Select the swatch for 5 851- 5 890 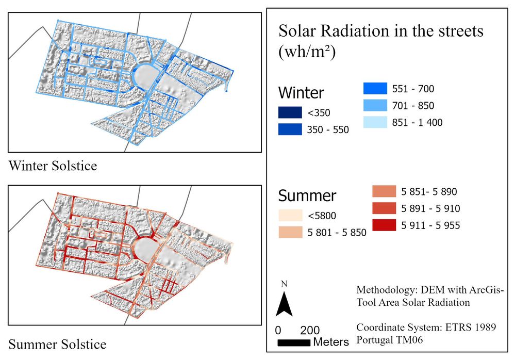coord(385,192)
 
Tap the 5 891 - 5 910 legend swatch coord(385,208)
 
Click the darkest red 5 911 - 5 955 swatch coord(385,225)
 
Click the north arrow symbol coord(284,304)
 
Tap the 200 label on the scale coord(310,330)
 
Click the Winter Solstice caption coord(53,166)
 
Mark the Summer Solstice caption coord(57,344)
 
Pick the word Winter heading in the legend coord(301,93)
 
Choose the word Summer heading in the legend coord(307,196)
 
